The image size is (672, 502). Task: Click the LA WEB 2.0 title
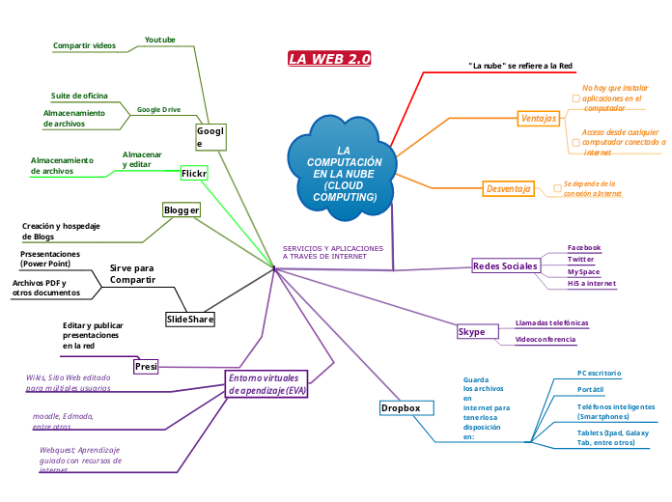click(329, 59)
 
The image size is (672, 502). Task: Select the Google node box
click(210, 137)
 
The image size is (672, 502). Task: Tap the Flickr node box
click(195, 174)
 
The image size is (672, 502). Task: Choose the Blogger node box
click(182, 209)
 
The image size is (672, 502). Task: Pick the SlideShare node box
click(190, 319)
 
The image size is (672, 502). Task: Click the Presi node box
click(146, 367)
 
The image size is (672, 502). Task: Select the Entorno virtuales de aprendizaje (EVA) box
click(266, 383)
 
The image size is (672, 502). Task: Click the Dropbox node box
click(401, 408)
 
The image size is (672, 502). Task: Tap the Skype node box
click(471, 332)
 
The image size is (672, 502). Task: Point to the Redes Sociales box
click(505, 265)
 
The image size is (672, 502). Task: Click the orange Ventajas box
click(539, 118)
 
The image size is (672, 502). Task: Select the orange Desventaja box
click(509, 188)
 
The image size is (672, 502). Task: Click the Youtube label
click(160, 40)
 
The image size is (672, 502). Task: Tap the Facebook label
click(584, 248)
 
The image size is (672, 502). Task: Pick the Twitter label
click(581, 260)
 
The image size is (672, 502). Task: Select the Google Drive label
click(158, 110)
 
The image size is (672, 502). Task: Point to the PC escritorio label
click(599, 373)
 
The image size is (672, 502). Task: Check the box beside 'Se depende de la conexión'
click(557, 188)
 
